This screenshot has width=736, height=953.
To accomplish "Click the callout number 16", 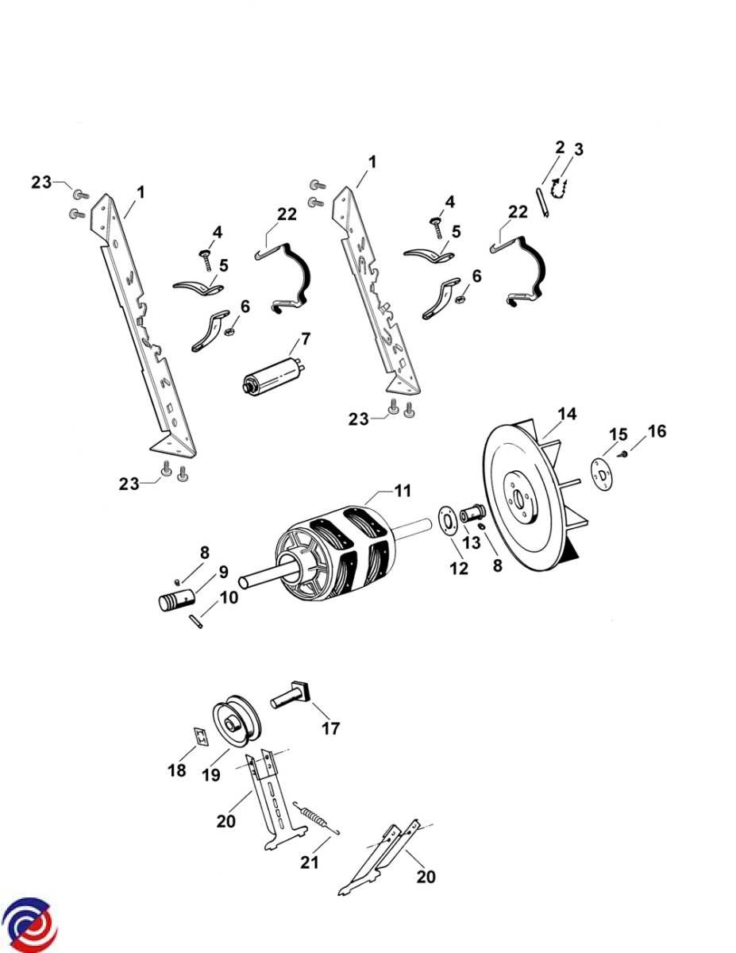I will pyautogui.click(x=657, y=431).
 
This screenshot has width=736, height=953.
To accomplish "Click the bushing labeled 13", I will pyautogui.click(x=472, y=512).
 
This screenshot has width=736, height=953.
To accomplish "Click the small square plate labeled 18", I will pyautogui.click(x=201, y=738).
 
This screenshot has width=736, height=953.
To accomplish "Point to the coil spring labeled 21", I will pyautogui.click(x=315, y=816).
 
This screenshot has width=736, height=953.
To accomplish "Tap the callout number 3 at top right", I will pyautogui.click(x=579, y=150).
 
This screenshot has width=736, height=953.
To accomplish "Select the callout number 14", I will pyautogui.click(x=566, y=414).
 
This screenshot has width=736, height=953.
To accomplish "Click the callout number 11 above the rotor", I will pyautogui.click(x=403, y=491).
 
